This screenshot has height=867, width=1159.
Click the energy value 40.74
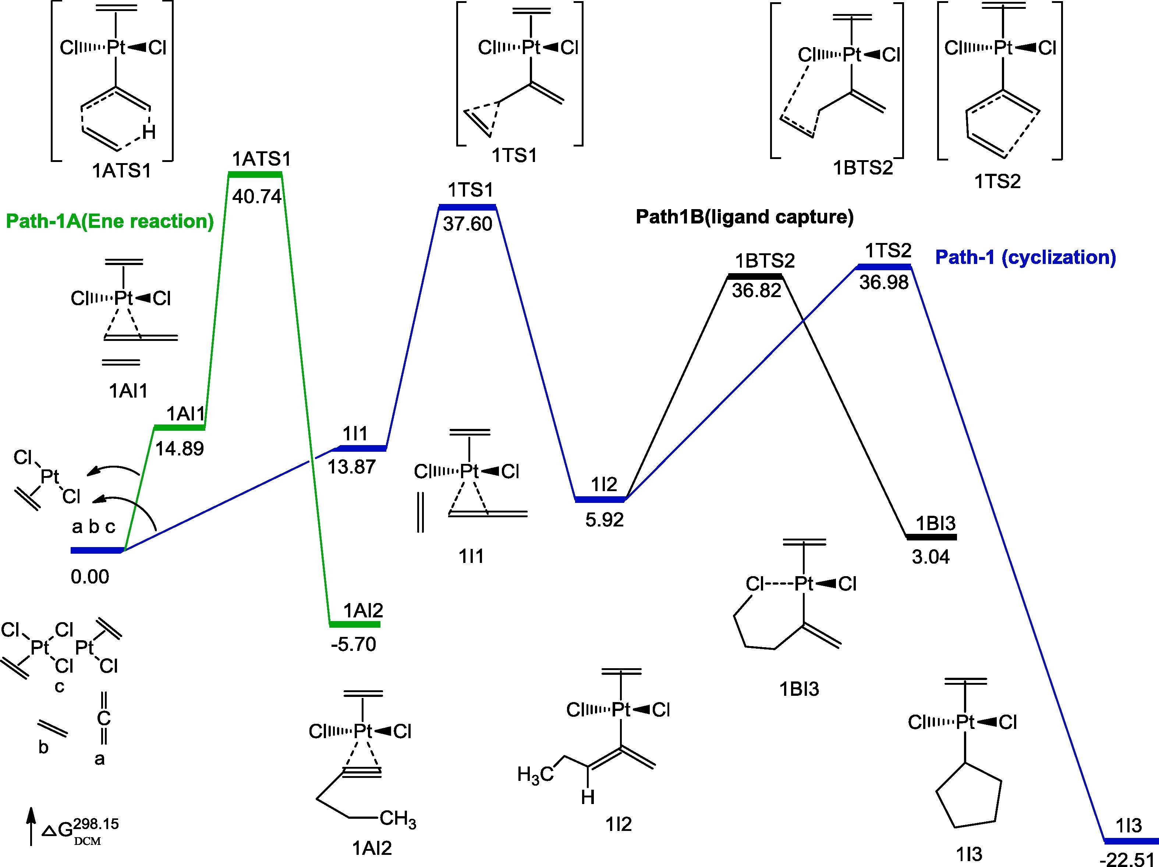[x=257, y=197]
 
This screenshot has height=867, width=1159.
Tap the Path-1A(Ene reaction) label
[x=110, y=222]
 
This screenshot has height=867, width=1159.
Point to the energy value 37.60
[x=467, y=224]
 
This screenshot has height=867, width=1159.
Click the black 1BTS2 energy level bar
[x=755, y=276]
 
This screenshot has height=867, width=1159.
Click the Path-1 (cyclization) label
[x=1025, y=257]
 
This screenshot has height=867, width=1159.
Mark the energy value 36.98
[x=884, y=282]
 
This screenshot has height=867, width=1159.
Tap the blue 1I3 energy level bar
[x=1130, y=841]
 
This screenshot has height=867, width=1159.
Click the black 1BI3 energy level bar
[x=932, y=537]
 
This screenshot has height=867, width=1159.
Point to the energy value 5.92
[x=605, y=519]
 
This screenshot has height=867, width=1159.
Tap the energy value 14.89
[x=179, y=449]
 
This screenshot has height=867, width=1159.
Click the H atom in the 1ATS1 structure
[x=149, y=133]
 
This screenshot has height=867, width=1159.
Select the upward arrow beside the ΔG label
[x=31, y=826]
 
